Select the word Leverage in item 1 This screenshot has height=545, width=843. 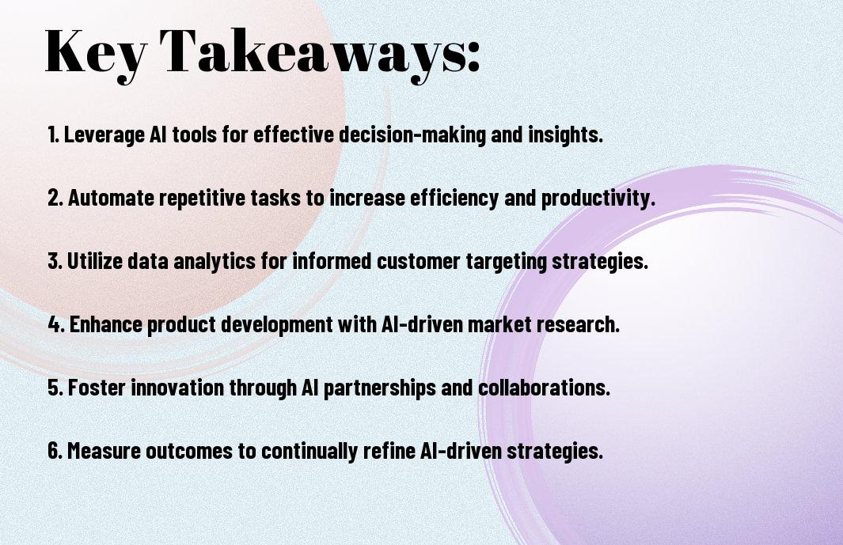[104, 135]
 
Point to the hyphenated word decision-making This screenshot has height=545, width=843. [412, 134]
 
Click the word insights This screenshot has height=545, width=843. [565, 134]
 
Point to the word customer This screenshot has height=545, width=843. [418, 261]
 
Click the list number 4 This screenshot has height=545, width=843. [55, 324]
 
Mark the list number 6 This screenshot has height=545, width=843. [55, 451]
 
